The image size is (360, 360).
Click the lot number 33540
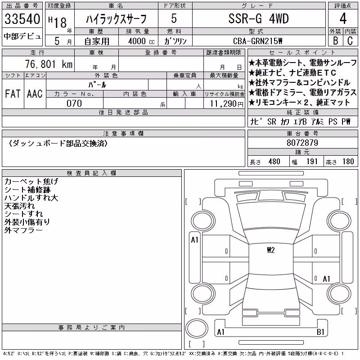pyautogui.click(x=22, y=19)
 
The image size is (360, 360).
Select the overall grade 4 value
pyautogui.click(x=343, y=18)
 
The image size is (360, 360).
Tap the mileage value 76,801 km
pyautogui.click(x=49, y=64)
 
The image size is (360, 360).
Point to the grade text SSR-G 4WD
pyautogui.click(x=258, y=18)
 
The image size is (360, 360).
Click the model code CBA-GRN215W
pyautogui.click(x=257, y=41)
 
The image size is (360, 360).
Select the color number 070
pyautogui.click(x=74, y=103)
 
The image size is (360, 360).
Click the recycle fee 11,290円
pyautogui.click(x=226, y=104)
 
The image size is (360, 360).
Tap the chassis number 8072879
pyautogui.click(x=302, y=143)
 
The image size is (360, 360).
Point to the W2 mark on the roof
pyautogui.click(x=271, y=250)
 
